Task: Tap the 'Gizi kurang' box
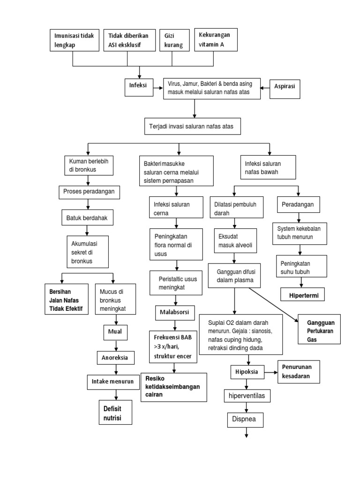pyautogui.click(x=173, y=41)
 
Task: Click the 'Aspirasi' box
pyautogui.click(x=285, y=88)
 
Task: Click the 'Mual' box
pyautogui.click(x=115, y=332)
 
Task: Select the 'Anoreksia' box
pyautogui.click(x=115, y=358)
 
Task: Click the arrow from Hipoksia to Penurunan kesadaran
pyautogui.click(x=269, y=372)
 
